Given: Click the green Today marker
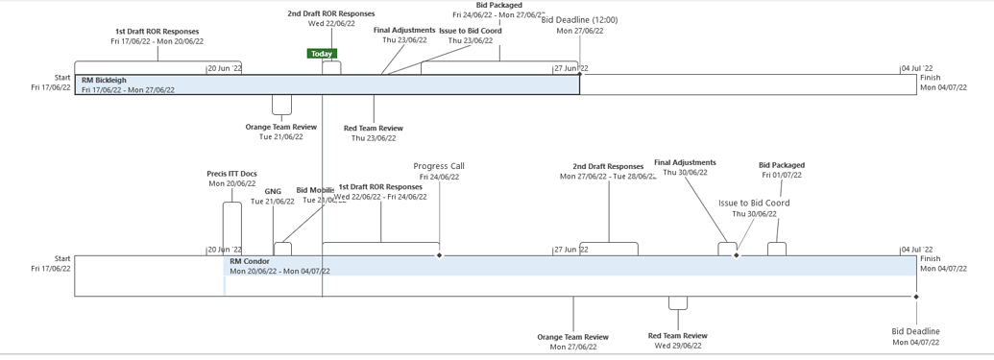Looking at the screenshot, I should point(322,54).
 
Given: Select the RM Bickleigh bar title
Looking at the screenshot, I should point(104,81).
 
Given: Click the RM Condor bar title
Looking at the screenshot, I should point(250,261).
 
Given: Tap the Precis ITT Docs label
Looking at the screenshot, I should point(231,174).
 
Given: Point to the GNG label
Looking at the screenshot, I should point(273,191).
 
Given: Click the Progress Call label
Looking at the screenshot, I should point(439,166).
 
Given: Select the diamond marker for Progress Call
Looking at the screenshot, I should point(440,255).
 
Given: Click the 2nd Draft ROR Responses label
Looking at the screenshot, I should point(331,14).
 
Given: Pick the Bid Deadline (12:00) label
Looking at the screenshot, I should point(580,20).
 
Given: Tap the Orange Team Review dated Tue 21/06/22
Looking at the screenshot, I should point(281,127).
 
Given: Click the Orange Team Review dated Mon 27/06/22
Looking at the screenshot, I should point(572,337).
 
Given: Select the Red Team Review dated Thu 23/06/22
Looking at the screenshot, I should point(374,128).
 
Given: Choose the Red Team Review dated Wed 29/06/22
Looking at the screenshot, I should point(678,336).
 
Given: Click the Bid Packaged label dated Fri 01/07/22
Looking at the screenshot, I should point(782,165).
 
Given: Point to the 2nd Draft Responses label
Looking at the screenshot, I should point(608,166).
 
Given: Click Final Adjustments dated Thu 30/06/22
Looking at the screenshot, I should point(685,163).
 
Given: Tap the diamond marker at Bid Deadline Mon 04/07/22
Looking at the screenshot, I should point(916,297).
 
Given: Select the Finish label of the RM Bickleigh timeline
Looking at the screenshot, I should point(931,78).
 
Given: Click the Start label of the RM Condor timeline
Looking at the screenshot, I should point(62,258).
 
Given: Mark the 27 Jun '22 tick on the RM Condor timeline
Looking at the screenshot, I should point(571,250).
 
